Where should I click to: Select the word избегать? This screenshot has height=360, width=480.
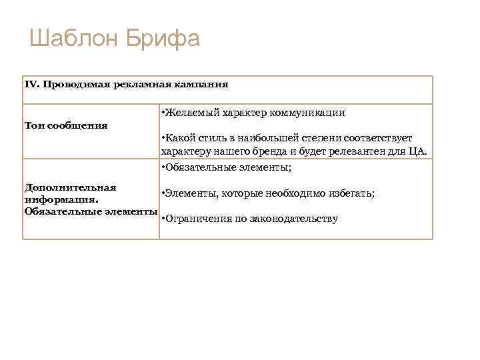[351, 193]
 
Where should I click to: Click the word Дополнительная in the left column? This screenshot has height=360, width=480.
[70, 187]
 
